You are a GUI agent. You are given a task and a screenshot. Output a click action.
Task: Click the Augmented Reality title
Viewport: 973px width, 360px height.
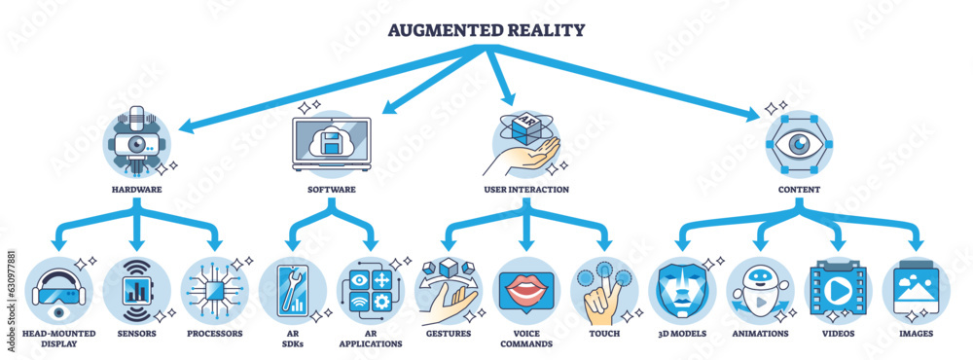pyautogui.click(x=486, y=29)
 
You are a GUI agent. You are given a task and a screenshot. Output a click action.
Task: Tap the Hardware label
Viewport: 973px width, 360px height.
pyautogui.click(x=136, y=189)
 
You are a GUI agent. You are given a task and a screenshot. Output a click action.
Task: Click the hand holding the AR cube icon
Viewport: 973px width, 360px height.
pyautogui.click(x=525, y=140)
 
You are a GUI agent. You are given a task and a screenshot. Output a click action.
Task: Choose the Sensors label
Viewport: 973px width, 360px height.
pyautogui.click(x=136, y=334)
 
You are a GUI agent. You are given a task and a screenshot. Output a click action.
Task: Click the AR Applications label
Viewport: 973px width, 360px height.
pyautogui.click(x=370, y=339)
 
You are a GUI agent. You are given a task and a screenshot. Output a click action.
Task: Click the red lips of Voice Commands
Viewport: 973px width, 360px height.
pyautogui.click(x=525, y=290)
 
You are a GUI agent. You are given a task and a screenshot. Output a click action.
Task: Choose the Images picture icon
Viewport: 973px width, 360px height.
pyautogui.click(x=916, y=290)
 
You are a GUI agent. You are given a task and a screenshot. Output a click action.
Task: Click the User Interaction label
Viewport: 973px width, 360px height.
pyautogui.click(x=525, y=189)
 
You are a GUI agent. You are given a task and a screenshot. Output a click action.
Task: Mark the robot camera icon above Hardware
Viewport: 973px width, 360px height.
pyautogui.click(x=138, y=140)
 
